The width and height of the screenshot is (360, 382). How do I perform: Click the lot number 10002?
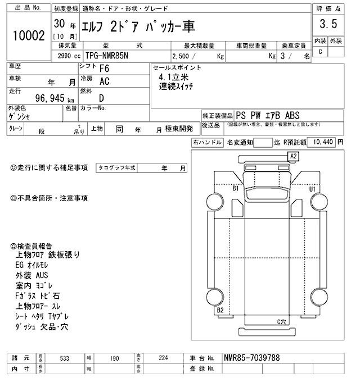pyautogui.click(x=28, y=36)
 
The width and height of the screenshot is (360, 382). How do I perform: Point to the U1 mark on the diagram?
pyautogui.click(x=312, y=189)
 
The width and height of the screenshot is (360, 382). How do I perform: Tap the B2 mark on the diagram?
pyautogui.click(x=220, y=310)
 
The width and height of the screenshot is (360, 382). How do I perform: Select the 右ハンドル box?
pyautogui.click(x=206, y=143)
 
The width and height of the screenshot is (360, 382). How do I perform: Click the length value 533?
pyautogui.click(x=65, y=358)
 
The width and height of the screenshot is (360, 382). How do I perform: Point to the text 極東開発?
pyautogui.click(x=179, y=129)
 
